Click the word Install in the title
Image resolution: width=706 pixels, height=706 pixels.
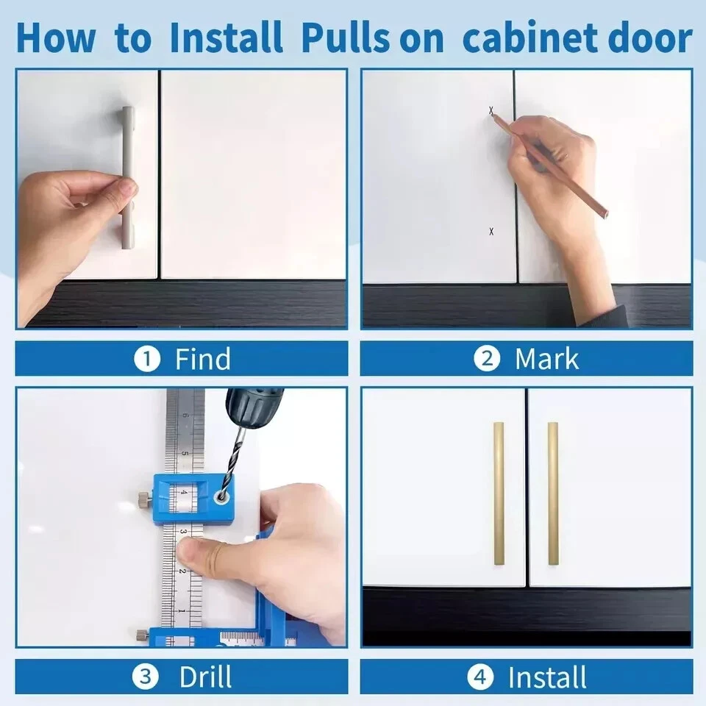pos(226,38)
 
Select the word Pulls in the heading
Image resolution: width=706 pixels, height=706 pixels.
pos(346,38)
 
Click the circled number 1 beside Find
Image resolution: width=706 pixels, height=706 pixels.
pos(147,359)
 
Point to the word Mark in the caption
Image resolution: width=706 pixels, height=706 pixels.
pos(546,359)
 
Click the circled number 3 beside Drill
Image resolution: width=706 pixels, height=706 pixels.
pos(146,677)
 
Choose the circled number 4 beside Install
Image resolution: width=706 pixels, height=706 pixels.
pos(480,677)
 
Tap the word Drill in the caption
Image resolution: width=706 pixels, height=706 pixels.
pos(205,677)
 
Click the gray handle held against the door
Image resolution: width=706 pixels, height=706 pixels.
pos(128,178)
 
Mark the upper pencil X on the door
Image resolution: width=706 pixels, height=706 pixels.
pos(491,110)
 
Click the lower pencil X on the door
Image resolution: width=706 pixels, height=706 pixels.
pos(491,232)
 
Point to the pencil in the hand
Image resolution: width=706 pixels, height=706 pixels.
pos(549,164)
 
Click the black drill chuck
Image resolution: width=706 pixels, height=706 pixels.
pos(253,407)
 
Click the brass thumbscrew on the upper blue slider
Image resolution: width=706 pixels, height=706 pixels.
pos(144,499)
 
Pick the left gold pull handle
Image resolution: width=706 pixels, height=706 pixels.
pos(499,493)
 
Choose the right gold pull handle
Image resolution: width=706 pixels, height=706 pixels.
pos(553,493)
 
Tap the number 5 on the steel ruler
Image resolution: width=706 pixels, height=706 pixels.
pos(185,454)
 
